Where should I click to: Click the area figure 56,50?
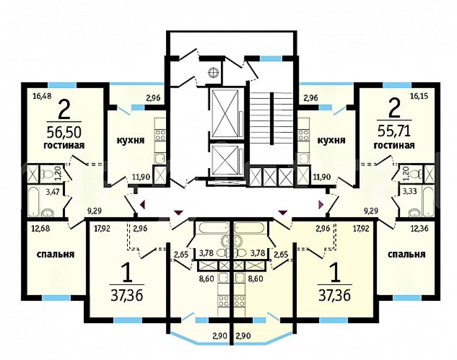point(64,132)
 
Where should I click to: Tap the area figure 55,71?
point(394,131)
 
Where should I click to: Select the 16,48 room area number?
point(42,96)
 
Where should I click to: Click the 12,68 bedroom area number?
point(40,229)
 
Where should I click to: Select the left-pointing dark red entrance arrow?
point(142,205)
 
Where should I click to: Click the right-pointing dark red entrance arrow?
point(321,204)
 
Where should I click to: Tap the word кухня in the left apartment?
point(131,140)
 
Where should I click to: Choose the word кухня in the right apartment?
point(331,140)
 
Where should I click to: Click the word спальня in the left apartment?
point(56,254)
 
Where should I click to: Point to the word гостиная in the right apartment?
point(394,146)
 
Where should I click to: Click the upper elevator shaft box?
point(225,113)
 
